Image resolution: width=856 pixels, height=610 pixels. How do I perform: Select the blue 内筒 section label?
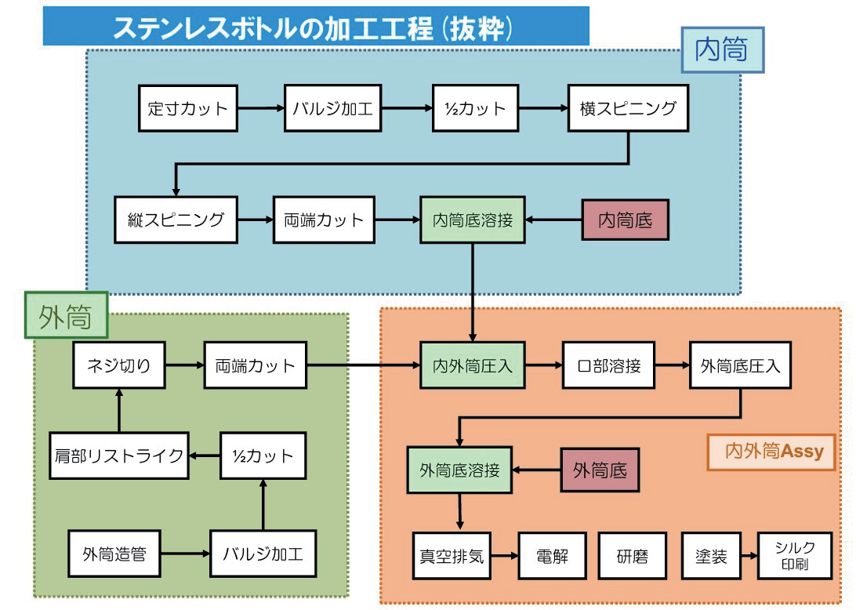coord(722,50)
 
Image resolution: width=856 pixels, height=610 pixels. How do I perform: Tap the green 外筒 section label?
coord(66,317)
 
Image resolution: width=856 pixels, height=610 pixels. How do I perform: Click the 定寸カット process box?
coord(187,108)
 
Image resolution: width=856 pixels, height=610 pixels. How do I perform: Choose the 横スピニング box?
coord(628,108)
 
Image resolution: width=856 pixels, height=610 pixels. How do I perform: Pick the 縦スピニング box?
coord(176,220)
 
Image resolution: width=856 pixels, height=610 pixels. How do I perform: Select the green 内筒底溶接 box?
coord(472,220)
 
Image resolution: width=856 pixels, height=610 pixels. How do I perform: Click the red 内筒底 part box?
coord(625,220)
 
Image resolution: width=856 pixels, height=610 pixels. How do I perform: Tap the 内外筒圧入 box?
coord(472,365)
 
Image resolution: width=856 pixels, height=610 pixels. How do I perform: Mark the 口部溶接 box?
coord(608,365)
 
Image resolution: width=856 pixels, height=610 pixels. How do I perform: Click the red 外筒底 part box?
coord(600,470)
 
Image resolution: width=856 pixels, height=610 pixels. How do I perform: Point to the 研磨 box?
coord(632,557)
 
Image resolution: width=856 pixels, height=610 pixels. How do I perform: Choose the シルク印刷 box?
coord(794,557)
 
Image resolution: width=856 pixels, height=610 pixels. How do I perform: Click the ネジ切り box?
coord(118,365)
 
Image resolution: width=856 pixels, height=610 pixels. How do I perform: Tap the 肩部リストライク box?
coord(118,456)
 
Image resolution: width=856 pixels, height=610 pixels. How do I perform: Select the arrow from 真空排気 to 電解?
coord(502,557)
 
